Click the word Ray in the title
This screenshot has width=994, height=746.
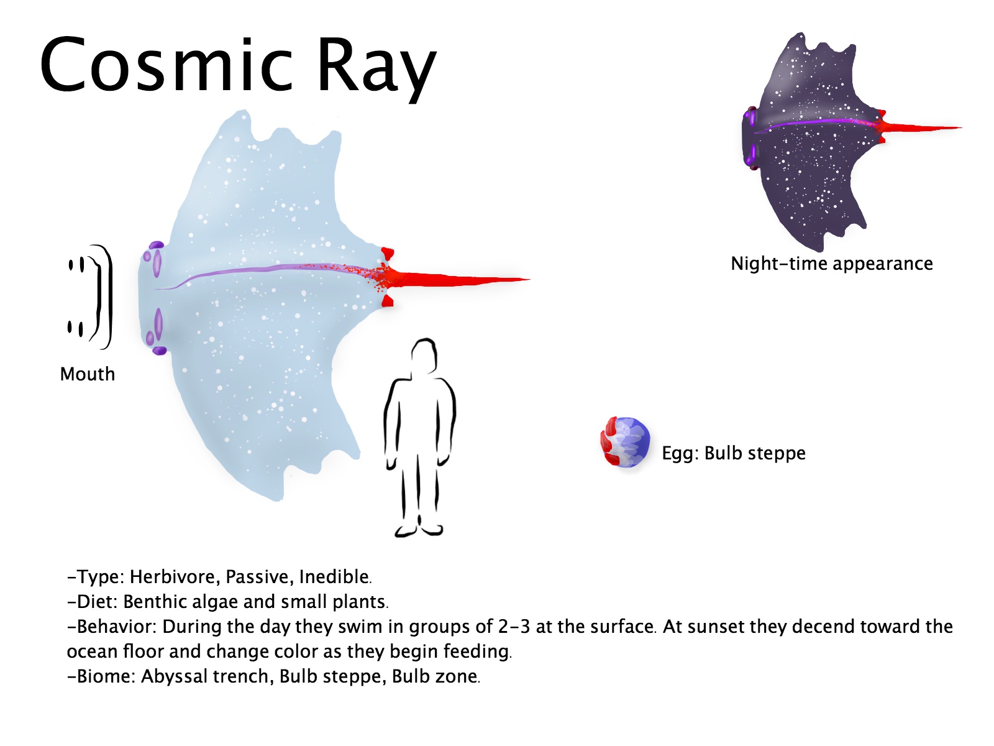[376, 69]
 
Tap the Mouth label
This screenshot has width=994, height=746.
[88, 374]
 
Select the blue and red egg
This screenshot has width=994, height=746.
[625, 442]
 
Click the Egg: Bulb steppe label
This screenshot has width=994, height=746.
[734, 453]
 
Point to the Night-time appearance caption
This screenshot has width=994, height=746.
[832, 263]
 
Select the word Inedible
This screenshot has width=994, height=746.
[335, 577]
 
